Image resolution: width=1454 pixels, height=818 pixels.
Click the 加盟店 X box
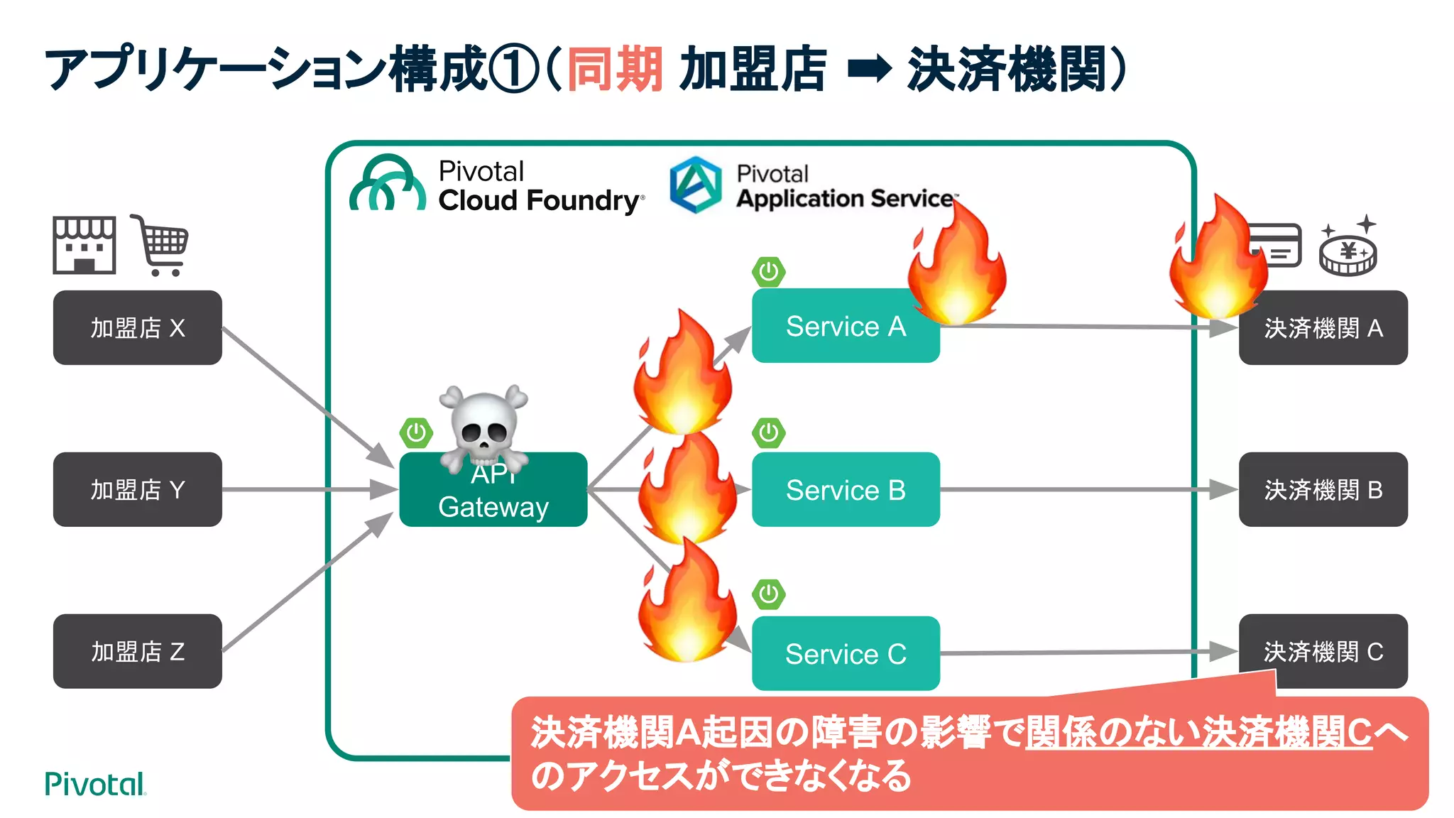pyautogui.click(x=137, y=327)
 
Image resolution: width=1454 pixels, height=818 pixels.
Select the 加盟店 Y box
pyautogui.click(x=137, y=489)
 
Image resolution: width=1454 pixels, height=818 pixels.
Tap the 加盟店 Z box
pyautogui.click(x=137, y=651)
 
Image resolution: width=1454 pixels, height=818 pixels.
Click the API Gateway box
pyautogui.click(x=493, y=497)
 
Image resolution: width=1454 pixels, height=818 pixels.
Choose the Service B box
pyautogui.click(x=846, y=489)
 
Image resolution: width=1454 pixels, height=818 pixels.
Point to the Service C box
pyautogui.click(x=846, y=653)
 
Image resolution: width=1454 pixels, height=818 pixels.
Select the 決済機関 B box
pyautogui.click(x=1323, y=489)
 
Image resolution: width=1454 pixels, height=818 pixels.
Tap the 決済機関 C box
pyautogui.click(x=1323, y=651)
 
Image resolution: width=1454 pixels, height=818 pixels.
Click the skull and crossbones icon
pyautogui.click(x=483, y=425)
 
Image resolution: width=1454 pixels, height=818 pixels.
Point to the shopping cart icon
pyautogui.click(x=161, y=246)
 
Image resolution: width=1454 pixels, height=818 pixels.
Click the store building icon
pyautogui.click(x=84, y=245)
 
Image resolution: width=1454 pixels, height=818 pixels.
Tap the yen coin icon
pyautogui.click(x=1348, y=250)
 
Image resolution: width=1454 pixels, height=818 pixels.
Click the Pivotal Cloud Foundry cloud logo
pyautogui.click(x=388, y=185)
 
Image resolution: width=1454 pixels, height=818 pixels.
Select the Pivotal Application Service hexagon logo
pyautogui.click(x=696, y=185)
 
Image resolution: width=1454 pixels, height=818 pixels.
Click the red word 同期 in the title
pyautogui.click(x=615, y=69)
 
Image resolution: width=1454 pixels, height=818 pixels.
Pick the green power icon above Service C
pyautogui.click(x=769, y=594)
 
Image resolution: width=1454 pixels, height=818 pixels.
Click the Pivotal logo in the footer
pyautogui.click(x=95, y=784)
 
